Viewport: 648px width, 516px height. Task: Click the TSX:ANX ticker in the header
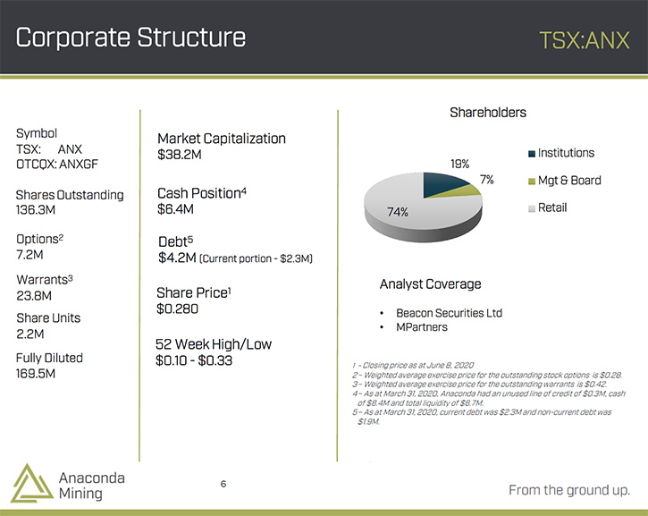[x=585, y=40]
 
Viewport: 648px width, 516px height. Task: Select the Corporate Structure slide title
[x=130, y=38]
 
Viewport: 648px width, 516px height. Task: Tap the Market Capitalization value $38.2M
[x=180, y=155]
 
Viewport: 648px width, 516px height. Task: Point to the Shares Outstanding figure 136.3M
[x=36, y=210]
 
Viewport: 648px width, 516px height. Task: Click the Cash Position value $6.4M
[x=175, y=209]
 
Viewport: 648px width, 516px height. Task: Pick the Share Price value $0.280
[x=177, y=309]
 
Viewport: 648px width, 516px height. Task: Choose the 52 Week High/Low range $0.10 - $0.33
[x=194, y=360]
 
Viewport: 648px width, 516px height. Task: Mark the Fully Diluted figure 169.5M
[x=36, y=374]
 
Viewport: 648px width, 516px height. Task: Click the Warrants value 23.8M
[x=34, y=296]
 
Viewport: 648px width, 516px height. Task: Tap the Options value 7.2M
[x=29, y=255]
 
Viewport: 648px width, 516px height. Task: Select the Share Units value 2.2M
[x=29, y=334]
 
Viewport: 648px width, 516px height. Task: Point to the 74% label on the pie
[x=398, y=212]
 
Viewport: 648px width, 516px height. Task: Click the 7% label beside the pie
[x=487, y=180]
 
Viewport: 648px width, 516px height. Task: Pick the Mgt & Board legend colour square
[x=532, y=182]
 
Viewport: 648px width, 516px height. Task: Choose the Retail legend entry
[x=548, y=207]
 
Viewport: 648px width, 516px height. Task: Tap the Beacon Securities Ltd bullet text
[x=449, y=313]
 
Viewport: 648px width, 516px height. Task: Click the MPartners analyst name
[x=422, y=327]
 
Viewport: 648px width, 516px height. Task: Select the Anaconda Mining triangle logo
[x=32, y=483]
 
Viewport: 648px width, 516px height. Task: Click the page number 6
[x=223, y=484]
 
